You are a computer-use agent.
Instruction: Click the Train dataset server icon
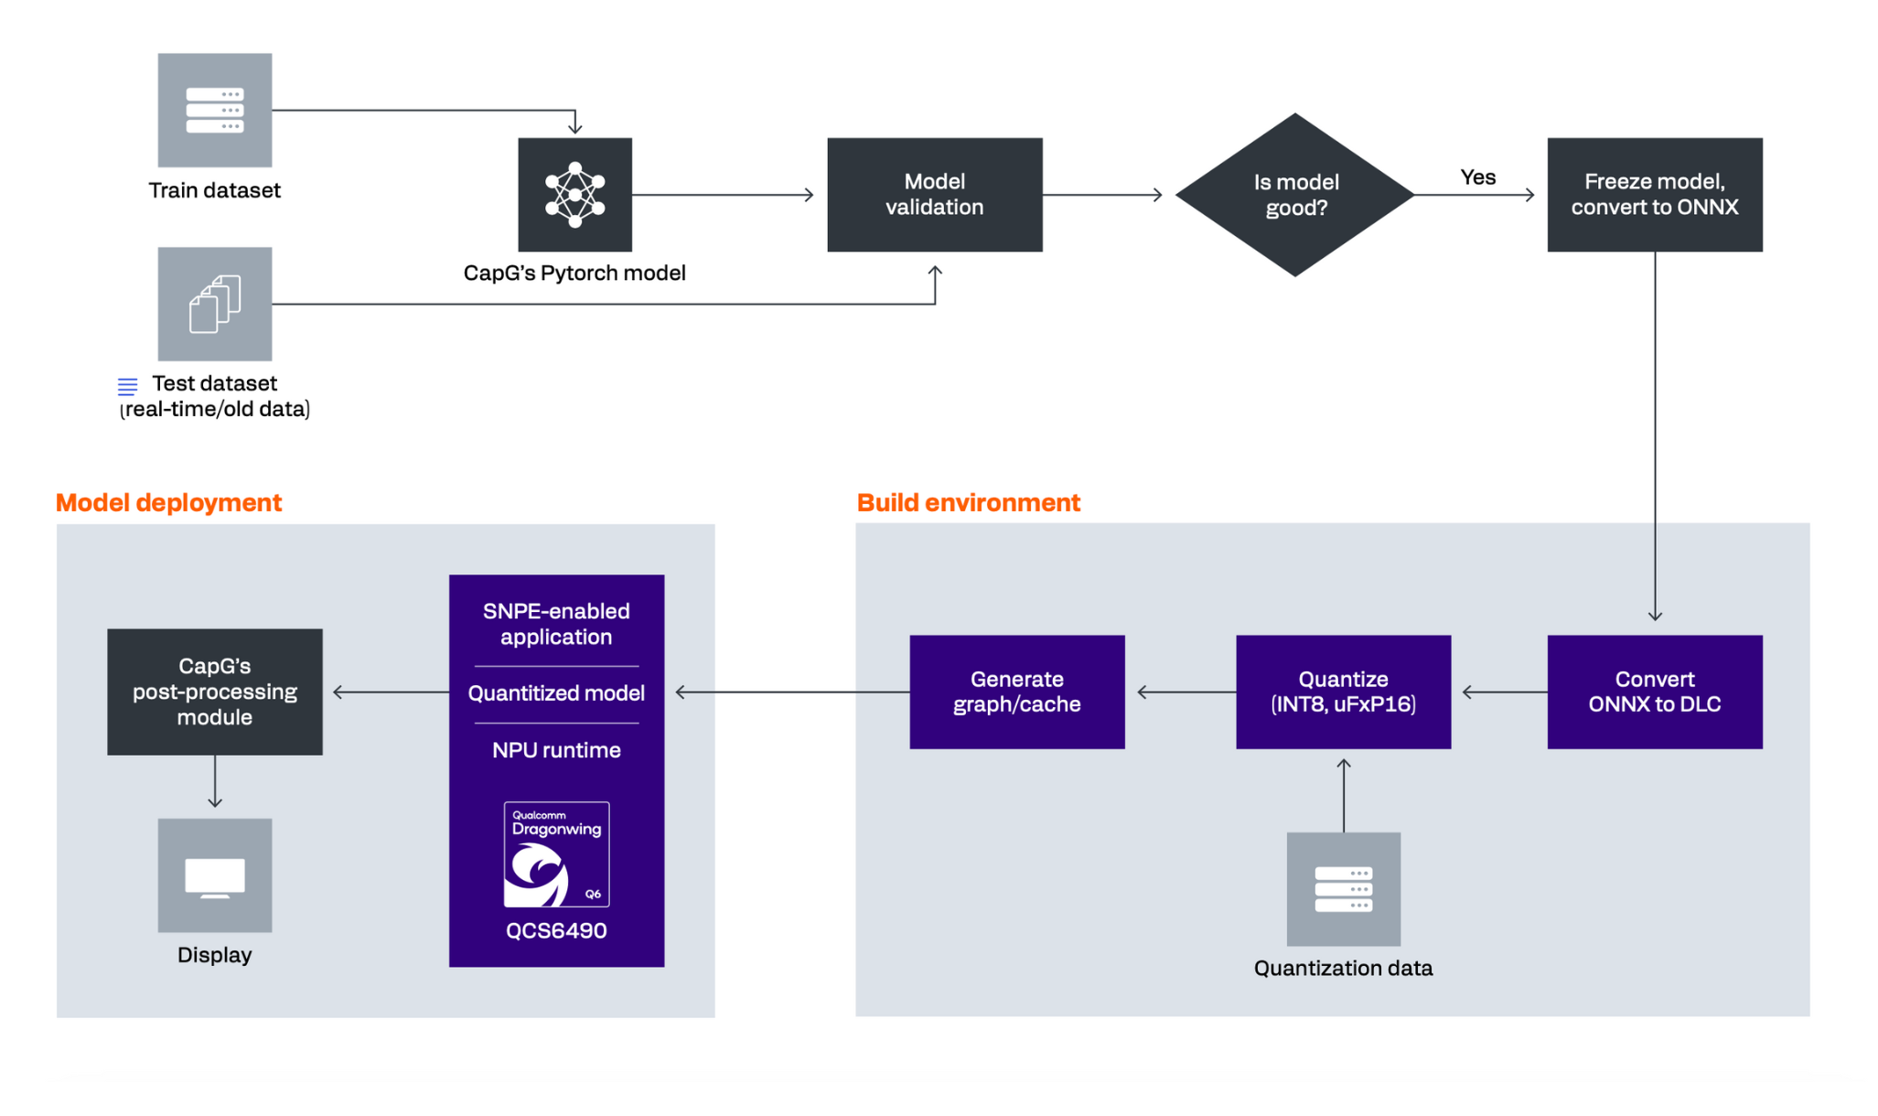(214, 110)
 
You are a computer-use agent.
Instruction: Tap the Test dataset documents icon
(214, 304)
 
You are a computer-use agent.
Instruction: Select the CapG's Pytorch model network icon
(574, 195)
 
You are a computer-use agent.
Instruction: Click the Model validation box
(934, 195)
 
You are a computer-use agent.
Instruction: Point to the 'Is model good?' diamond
(1294, 195)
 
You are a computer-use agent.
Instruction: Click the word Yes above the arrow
(1477, 177)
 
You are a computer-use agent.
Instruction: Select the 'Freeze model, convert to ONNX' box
(1654, 195)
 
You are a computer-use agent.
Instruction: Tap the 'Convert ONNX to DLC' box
(1654, 692)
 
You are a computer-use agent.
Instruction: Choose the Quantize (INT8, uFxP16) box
(1343, 692)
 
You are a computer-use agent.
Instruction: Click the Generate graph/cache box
(1016, 692)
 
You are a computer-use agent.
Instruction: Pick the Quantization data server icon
(1343, 888)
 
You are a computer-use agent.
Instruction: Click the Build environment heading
(968, 502)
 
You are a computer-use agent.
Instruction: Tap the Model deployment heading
(168, 502)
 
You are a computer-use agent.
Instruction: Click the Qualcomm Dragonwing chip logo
(556, 854)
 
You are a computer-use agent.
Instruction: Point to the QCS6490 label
(556, 930)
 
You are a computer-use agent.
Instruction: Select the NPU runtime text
(556, 750)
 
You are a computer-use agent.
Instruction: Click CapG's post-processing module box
(214, 692)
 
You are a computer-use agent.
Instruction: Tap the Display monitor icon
(214, 875)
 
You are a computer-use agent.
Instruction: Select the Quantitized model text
(556, 693)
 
